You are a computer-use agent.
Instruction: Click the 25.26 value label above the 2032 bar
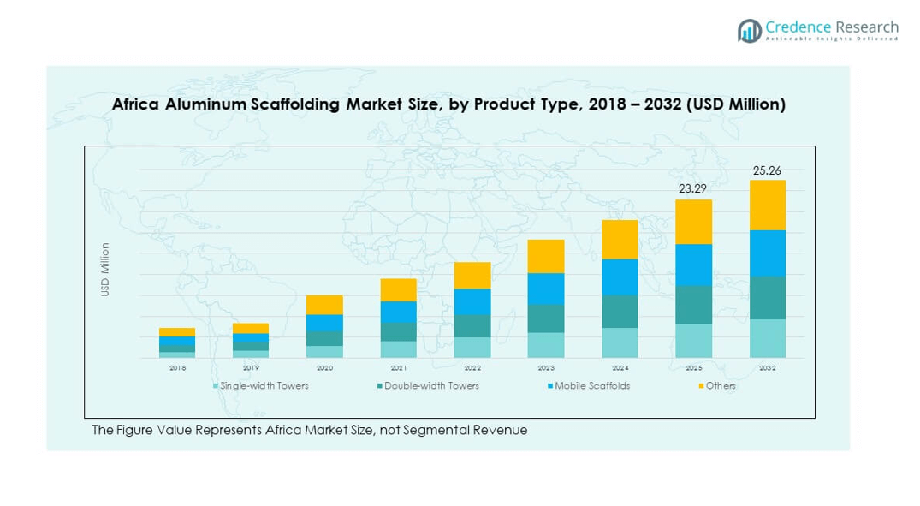767,170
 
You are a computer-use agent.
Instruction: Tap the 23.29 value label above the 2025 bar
693,189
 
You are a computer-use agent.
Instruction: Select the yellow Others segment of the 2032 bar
767,205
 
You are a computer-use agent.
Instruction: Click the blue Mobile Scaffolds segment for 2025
693,265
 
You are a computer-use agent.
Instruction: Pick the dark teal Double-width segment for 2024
620,312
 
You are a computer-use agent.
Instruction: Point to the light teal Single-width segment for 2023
546,344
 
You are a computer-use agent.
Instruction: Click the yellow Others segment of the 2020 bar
324,305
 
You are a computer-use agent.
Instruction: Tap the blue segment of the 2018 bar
177,341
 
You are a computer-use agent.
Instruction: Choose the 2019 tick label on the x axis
251,368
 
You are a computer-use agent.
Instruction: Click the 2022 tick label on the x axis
472,368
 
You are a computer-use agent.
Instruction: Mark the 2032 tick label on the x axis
767,368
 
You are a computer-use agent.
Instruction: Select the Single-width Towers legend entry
261,386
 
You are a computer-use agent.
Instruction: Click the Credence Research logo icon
750,31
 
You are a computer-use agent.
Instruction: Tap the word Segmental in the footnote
444,430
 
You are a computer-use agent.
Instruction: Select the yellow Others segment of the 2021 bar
398,289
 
